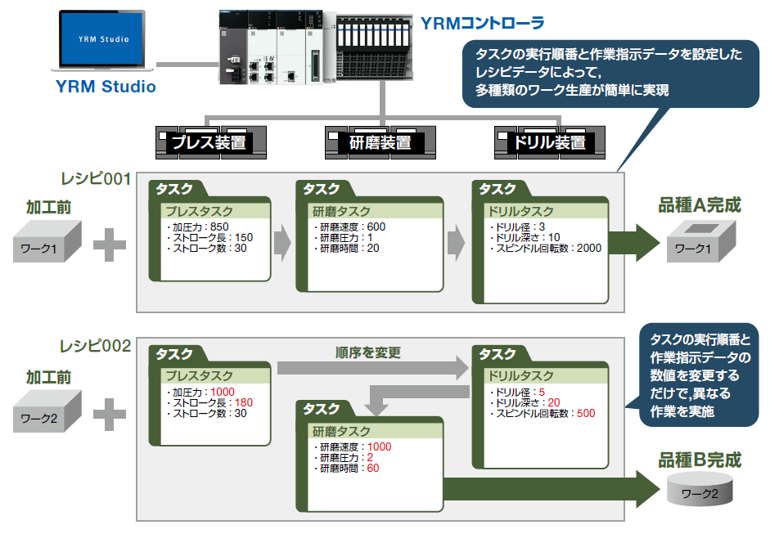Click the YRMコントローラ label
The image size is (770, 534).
pos(482,23)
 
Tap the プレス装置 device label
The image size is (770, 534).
pos(208,142)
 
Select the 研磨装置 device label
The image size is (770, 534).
pos(380,142)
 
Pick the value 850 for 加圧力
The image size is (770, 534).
pos(219,227)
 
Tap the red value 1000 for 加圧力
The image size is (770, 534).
pos(222,393)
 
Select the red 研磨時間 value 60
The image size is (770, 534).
pos(372,469)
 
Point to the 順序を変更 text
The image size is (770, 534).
pos(367,353)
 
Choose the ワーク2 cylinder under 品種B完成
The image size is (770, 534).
pos(700,491)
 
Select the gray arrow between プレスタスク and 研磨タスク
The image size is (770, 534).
pos(283,243)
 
